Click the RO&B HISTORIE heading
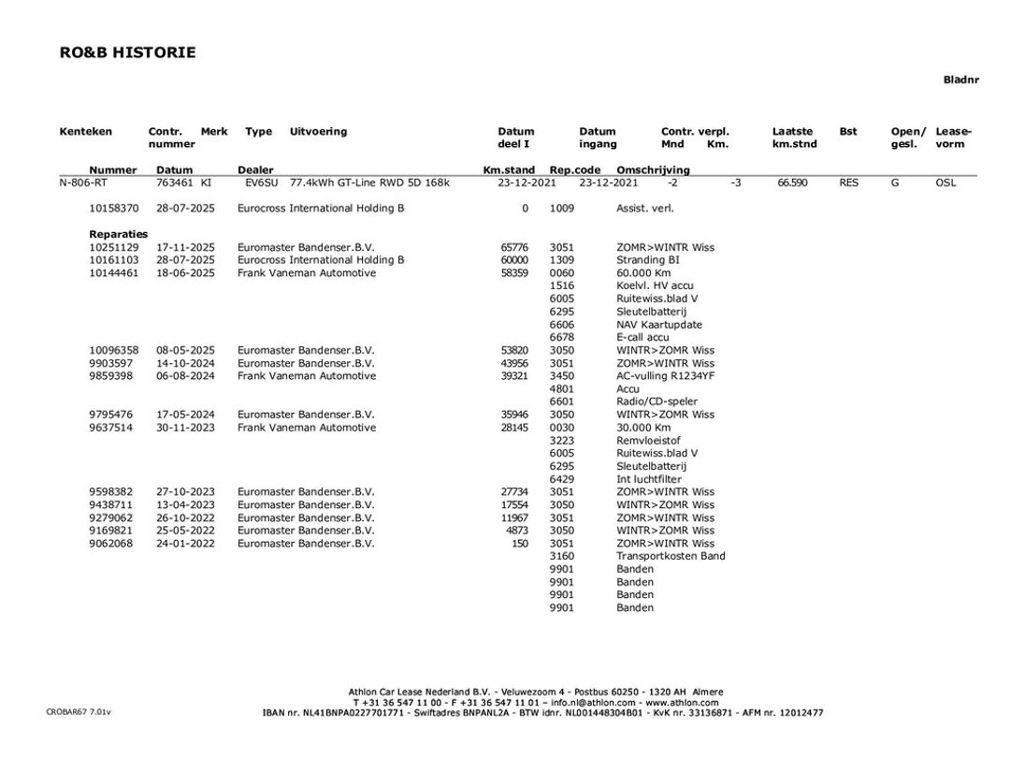tap(127, 52)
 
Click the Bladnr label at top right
tap(960, 80)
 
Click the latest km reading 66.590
tap(792, 183)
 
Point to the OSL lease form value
tap(945, 183)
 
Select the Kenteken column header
tap(85, 132)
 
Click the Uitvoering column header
tap(318, 132)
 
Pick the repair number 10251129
tap(114, 247)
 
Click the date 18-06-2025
tap(185, 273)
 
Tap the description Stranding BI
tap(647, 260)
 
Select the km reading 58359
tap(514, 273)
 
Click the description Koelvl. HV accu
tap(655, 286)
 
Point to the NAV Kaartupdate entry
tap(659, 325)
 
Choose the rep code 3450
tap(562, 376)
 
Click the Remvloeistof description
tap(648, 440)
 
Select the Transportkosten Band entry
tap(671, 556)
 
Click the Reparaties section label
tap(119, 234)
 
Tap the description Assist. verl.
tap(644, 209)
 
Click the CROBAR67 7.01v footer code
tap(78, 712)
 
